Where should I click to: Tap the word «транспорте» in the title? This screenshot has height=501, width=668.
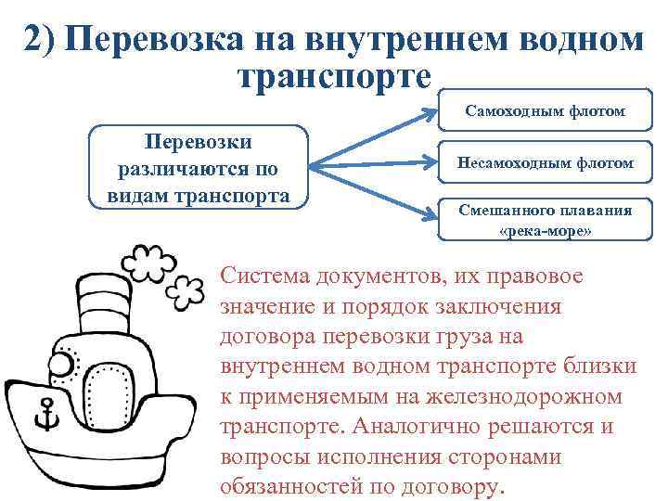coord(335,74)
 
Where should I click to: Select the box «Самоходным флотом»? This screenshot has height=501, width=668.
coord(545,112)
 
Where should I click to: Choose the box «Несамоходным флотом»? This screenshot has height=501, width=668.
coord(545,163)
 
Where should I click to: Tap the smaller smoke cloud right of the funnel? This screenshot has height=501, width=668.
coord(186,289)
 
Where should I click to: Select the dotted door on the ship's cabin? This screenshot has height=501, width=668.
coord(107,391)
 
